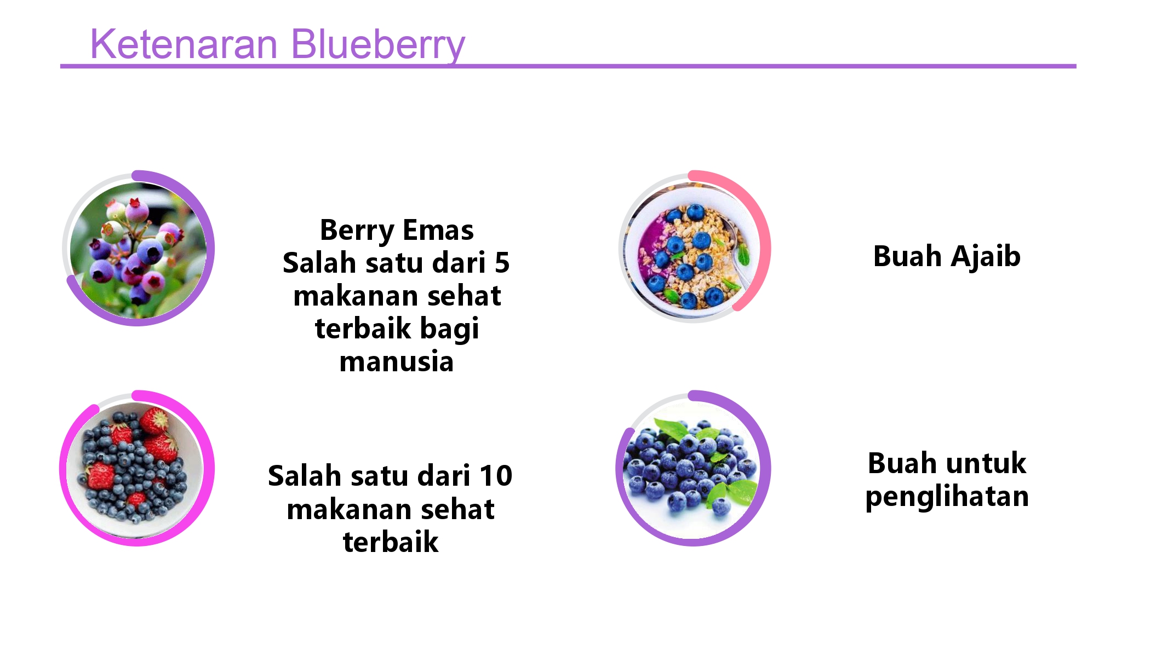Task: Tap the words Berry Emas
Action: point(397,230)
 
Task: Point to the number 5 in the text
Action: point(502,263)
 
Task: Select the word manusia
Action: point(397,362)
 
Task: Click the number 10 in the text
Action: point(495,475)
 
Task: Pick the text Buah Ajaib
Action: point(947,256)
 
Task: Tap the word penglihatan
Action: point(947,497)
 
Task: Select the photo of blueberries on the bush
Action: point(138,250)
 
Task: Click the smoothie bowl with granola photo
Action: point(691,250)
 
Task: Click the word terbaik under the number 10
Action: point(391,542)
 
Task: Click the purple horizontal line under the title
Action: point(712,66)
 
